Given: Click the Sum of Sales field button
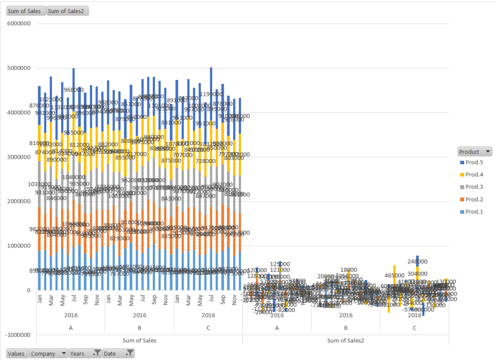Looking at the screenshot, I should (24, 11).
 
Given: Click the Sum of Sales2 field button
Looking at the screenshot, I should (67, 11).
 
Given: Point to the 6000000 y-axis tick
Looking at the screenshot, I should (18, 23).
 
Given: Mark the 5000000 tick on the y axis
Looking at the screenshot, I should (18, 68).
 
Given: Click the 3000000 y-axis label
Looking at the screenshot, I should (18, 157).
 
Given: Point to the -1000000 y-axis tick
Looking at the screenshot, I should (17, 335).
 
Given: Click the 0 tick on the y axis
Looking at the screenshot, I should (30, 290).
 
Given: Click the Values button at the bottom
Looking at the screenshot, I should (16, 354).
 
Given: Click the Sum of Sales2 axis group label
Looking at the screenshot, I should (346, 341).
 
